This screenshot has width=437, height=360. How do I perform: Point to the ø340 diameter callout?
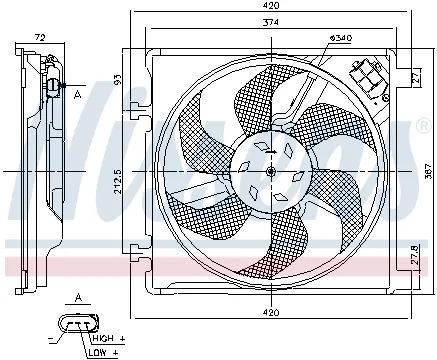(x=340, y=37)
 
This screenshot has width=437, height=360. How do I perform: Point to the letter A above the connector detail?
(x=78, y=297)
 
